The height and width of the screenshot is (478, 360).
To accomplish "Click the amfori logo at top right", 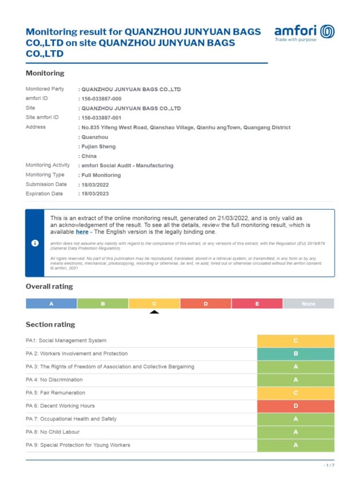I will pyautogui.click(x=304, y=33).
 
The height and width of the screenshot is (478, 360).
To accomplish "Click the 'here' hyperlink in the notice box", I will pyautogui.click(x=82, y=232).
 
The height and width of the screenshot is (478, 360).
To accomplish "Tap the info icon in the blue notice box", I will pyautogui.click(x=35, y=243).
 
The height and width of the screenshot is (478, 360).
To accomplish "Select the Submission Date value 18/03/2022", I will pyautogui.click(x=95, y=184).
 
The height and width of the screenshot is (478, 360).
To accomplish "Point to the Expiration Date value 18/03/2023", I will pyautogui.click(x=95, y=194).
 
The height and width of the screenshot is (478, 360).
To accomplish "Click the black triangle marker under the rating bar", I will pyautogui.click(x=154, y=312).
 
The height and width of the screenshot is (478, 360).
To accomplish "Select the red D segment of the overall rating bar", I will pyautogui.click(x=205, y=304).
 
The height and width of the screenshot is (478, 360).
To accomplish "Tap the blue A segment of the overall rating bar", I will pyautogui.click(x=51, y=304).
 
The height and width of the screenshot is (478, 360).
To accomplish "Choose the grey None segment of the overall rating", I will pyautogui.click(x=308, y=304).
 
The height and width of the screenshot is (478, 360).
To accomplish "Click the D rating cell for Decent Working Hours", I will pyautogui.click(x=295, y=406).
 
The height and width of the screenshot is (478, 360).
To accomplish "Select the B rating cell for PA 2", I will pyautogui.click(x=295, y=354).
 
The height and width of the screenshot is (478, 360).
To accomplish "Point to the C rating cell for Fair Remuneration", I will pyautogui.click(x=295, y=393).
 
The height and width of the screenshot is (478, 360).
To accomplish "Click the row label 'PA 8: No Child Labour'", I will pyautogui.click(x=53, y=432).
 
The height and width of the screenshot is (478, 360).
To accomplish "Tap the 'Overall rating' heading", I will pyautogui.click(x=49, y=286).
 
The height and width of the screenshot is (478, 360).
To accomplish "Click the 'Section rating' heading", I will pyautogui.click(x=50, y=324).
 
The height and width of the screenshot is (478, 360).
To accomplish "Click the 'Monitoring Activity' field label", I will pyautogui.click(x=47, y=166).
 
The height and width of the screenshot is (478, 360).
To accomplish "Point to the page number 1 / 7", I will pyautogui.click(x=329, y=465).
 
